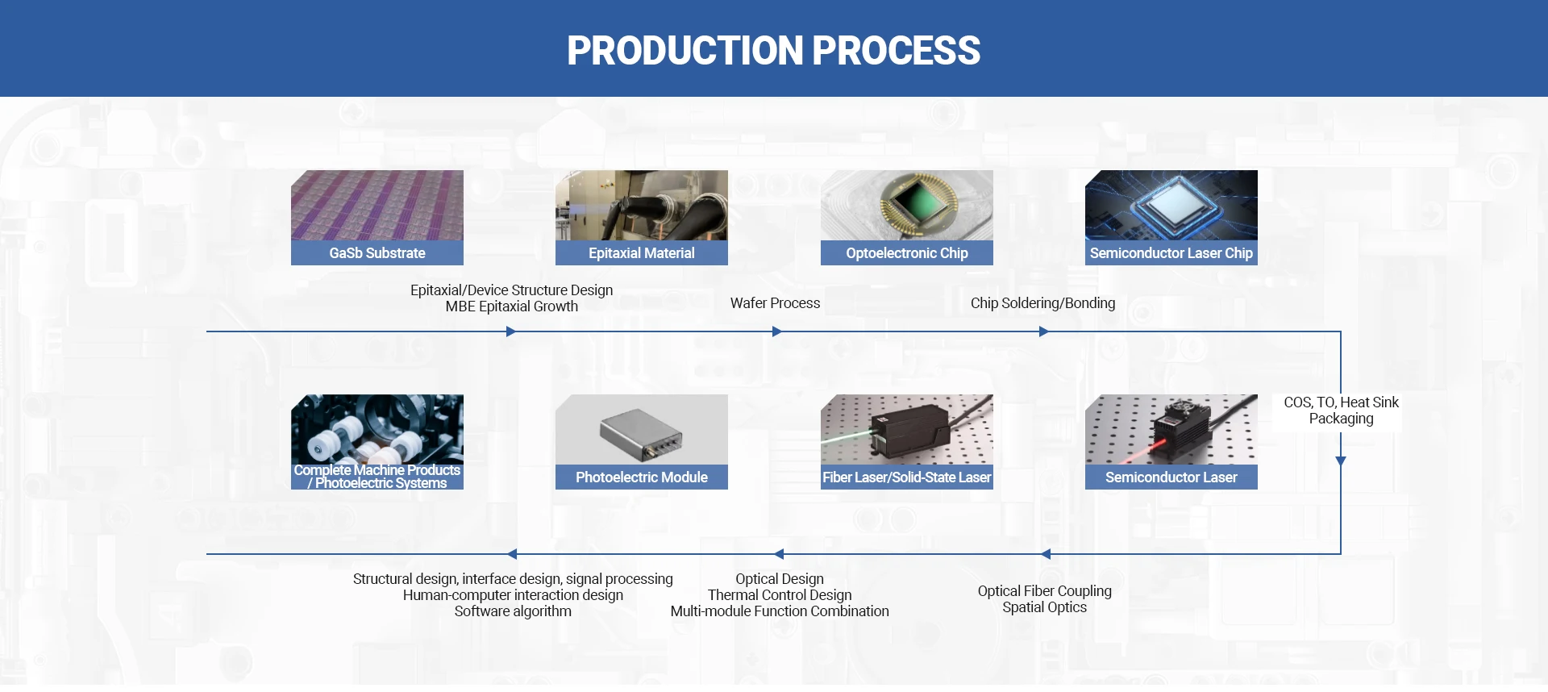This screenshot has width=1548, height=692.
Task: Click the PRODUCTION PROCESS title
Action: point(773,50)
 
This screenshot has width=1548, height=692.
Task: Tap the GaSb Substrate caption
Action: point(377,253)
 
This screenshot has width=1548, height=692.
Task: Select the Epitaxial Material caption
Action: point(641,253)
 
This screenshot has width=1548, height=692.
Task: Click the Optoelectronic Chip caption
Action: point(906,253)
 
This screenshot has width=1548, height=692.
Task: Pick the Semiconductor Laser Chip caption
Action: point(1171,253)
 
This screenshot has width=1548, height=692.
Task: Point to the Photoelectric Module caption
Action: point(641,477)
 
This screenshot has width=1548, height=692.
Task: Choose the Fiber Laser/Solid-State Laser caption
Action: point(906,477)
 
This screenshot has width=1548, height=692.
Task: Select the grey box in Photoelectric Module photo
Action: point(641,433)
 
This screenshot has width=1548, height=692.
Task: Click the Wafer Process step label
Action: point(775,303)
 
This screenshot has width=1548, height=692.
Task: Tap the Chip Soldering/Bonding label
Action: point(1042,303)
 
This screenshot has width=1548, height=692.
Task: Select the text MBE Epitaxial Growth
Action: point(511,306)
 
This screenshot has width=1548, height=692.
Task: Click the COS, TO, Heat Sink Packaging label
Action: point(1341,411)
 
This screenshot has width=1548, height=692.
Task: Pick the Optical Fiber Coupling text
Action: point(1044,591)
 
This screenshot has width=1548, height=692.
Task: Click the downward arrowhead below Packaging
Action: point(1341,461)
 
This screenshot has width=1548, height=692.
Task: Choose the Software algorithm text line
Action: point(513,611)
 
